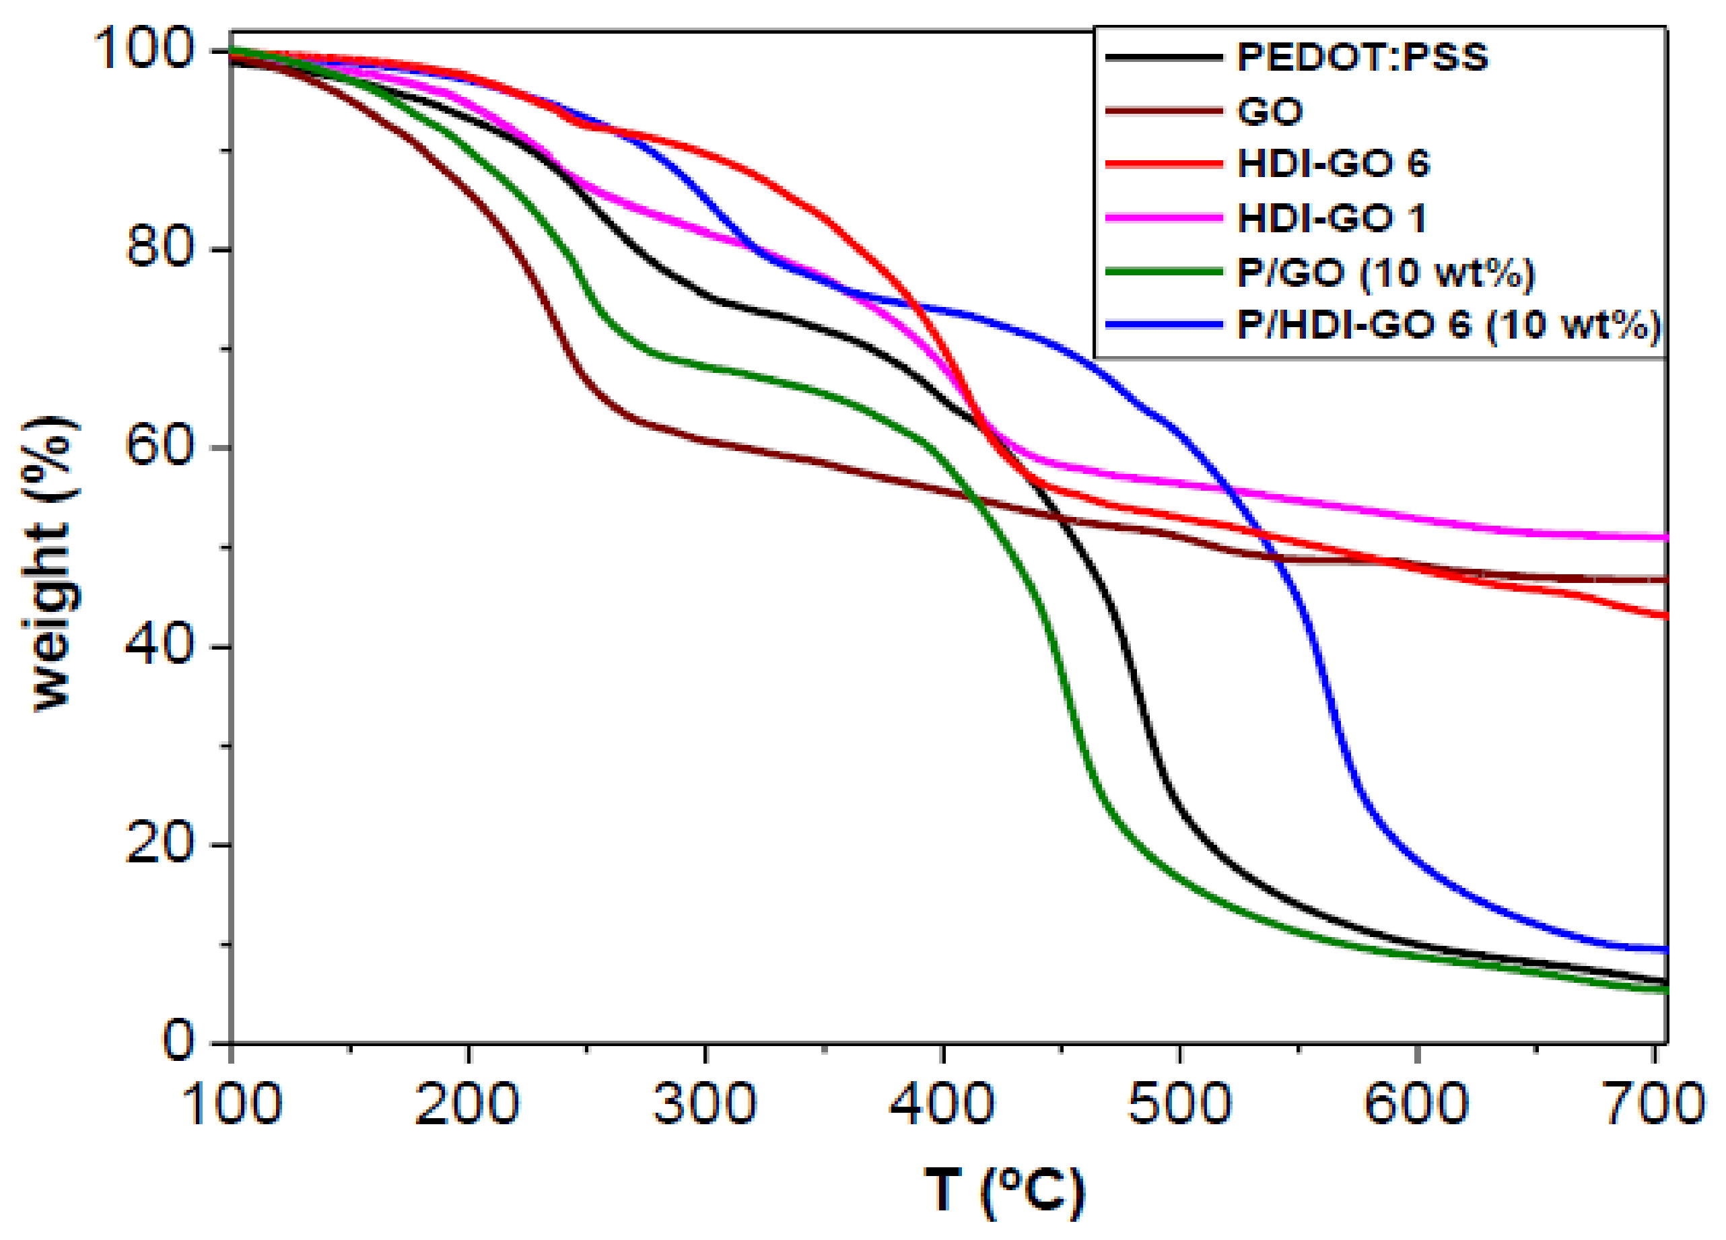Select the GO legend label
point(1270,112)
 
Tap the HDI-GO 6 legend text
point(1334,164)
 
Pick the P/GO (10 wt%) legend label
point(1385,273)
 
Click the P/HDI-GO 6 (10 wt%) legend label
point(1448,325)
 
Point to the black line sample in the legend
point(1164,58)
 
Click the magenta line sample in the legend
point(1164,219)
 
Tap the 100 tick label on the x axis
point(232,1105)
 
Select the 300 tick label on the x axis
point(705,1105)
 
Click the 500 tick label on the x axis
point(1179,1105)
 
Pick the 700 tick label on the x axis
point(1653,1105)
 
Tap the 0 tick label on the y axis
point(179,1042)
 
